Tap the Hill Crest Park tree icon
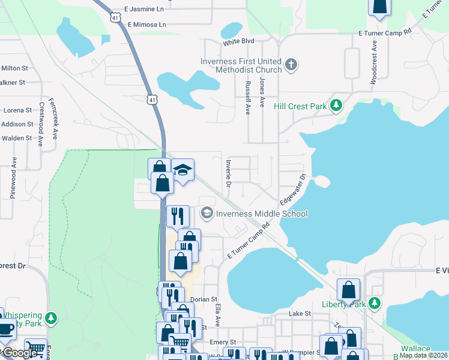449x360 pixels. coord(337,106)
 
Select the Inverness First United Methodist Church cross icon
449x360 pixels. coord(291,65)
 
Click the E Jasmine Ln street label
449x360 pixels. coord(143,10)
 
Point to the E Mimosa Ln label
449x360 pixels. coord(146,25)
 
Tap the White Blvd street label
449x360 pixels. coord(238,41)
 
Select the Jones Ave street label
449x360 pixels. coord(262,92)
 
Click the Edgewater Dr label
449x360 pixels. coord(294,188)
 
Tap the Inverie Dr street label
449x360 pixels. coord(228,173)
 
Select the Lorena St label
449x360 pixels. coord(18,110)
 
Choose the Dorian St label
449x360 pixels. coord(203,299)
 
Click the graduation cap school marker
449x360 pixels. coord(182,170)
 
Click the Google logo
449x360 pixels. coord(20,353)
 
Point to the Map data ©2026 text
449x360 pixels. coord(424,355)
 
